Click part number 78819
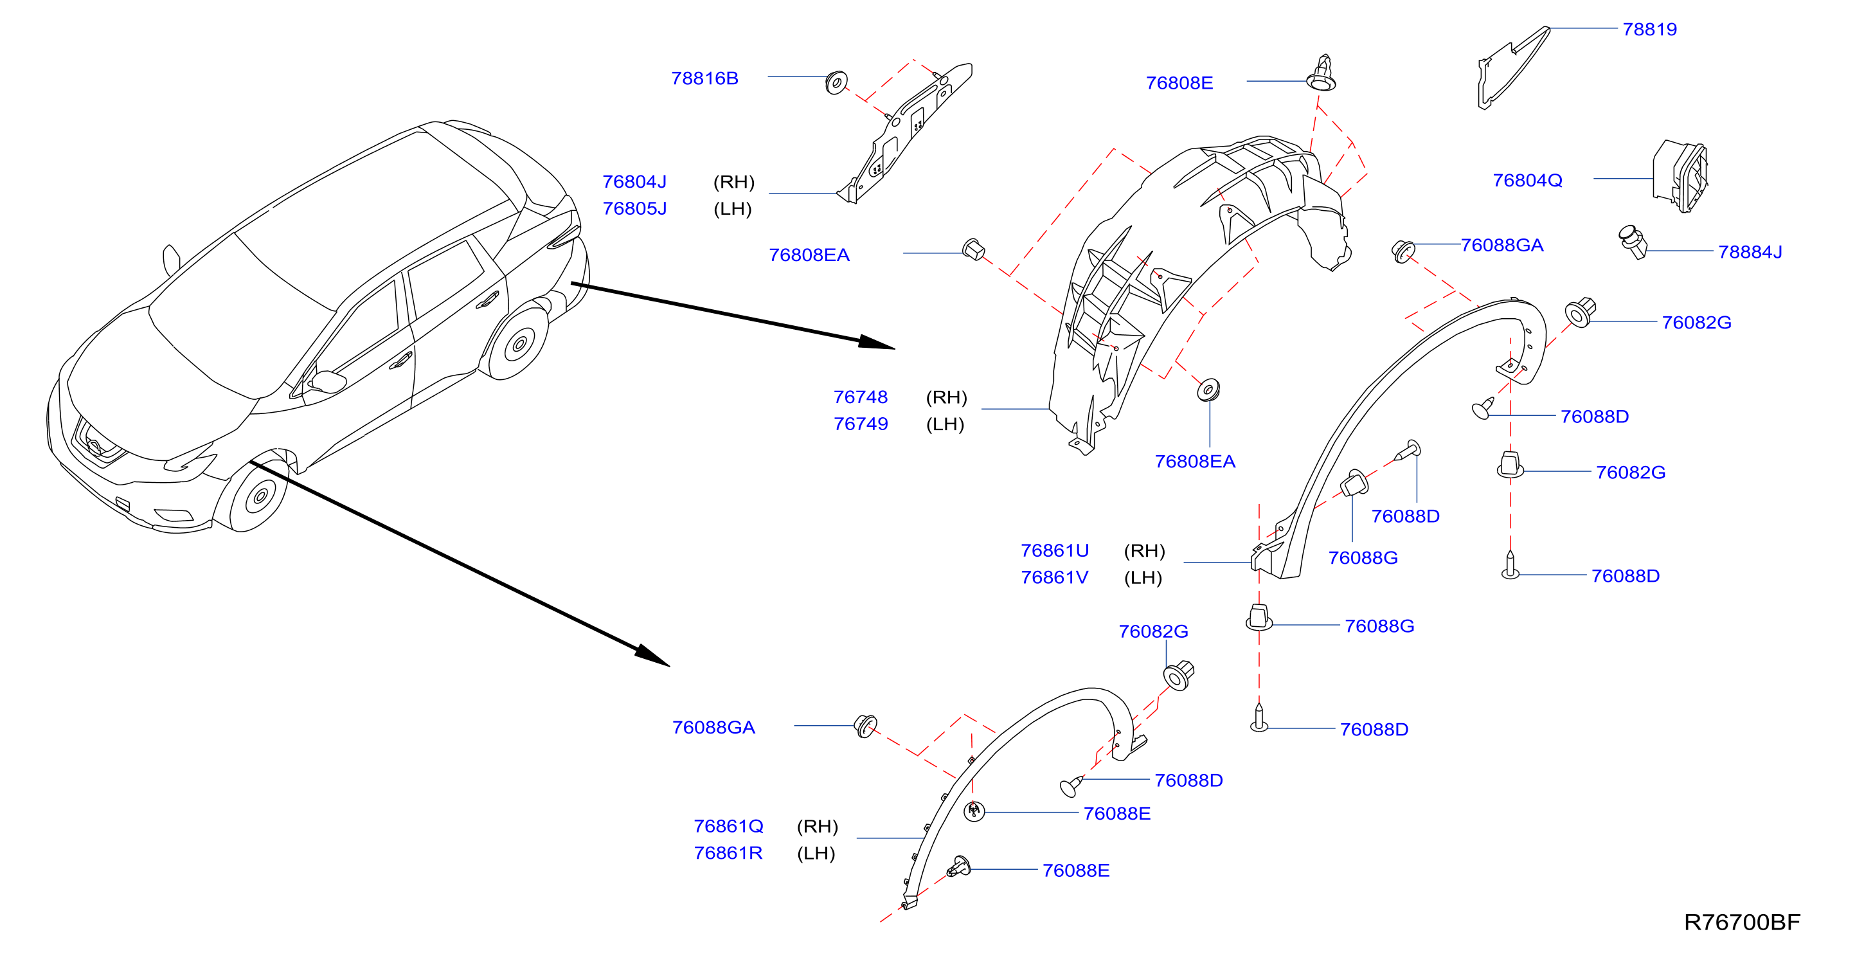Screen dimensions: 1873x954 pyautogui.click(x=1649, y=29)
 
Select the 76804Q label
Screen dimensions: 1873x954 pyautogui.click(x=1527, y=181)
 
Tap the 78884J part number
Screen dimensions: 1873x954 pyautogui.click(x=1750, y=251)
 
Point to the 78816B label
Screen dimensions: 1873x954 pyautogui.click(x=704, y=78)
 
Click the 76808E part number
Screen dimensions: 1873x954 pyautogui.click(x=1179, y=83)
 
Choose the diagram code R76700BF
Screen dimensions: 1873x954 pyautogui.click(x=1742, y=922)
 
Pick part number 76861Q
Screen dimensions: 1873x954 pyautogui.click(x=728, y=826)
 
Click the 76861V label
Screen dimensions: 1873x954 pyautogui.click(x=1054, y=577)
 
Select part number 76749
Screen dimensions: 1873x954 pyautogui.click(x=860, y=424)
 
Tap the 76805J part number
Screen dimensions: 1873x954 pyautogui.click(x=634, y=209)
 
